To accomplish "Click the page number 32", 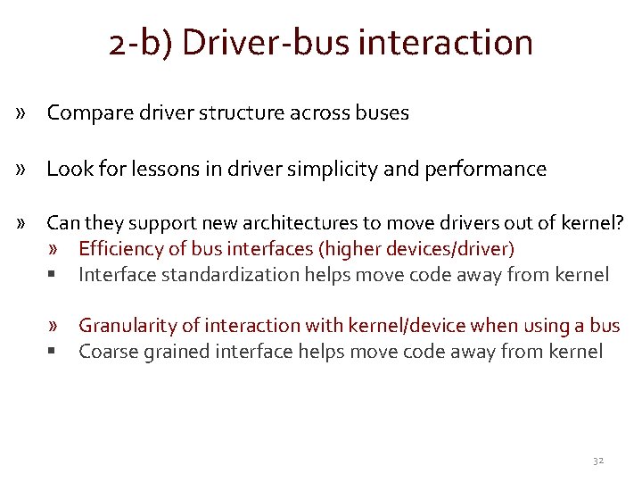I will (x=598, y=460).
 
